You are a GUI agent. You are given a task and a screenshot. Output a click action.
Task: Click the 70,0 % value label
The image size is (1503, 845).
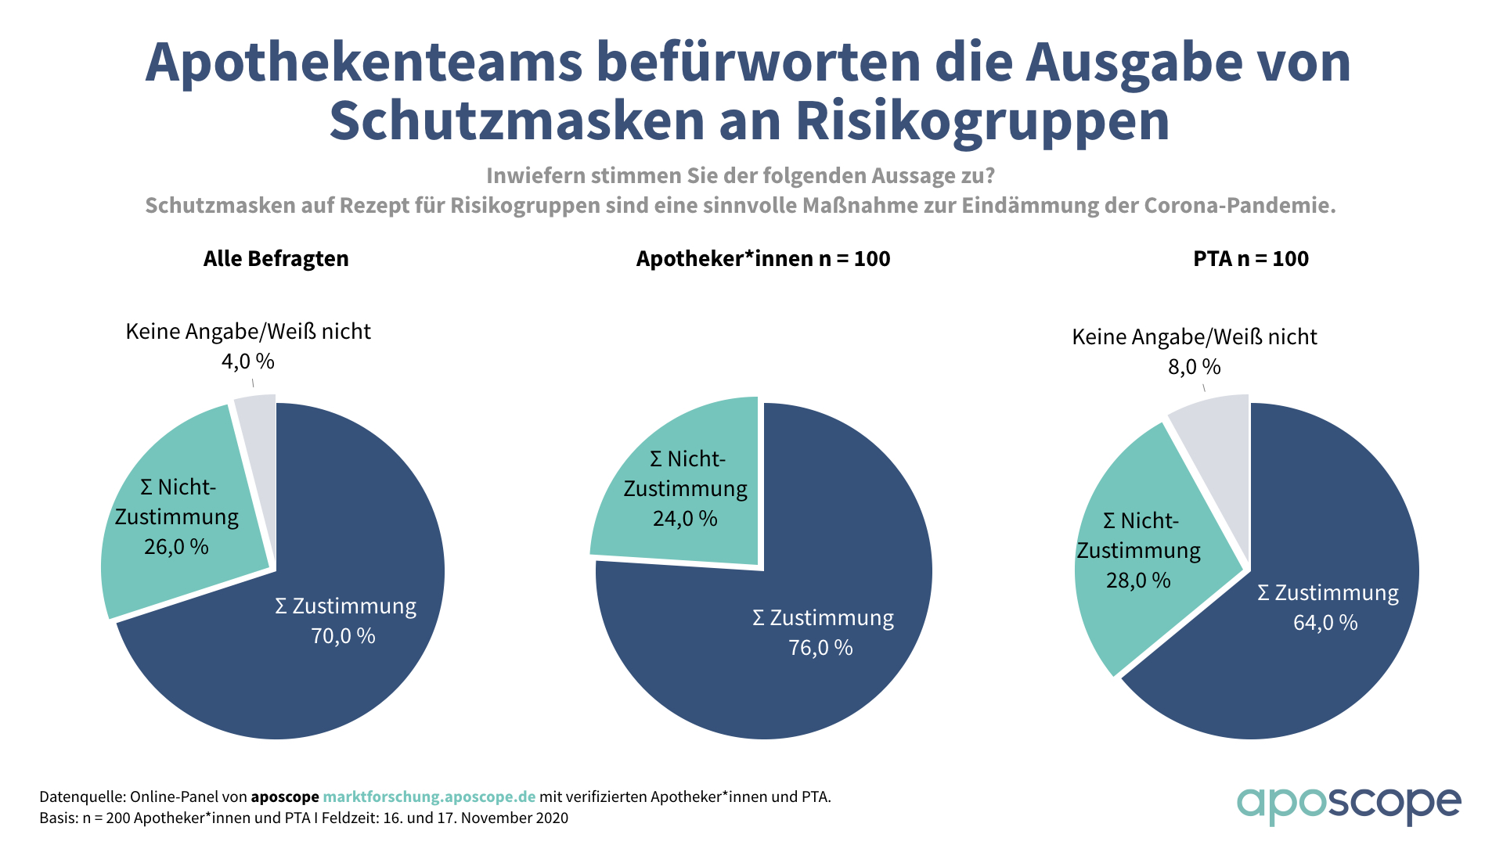343,636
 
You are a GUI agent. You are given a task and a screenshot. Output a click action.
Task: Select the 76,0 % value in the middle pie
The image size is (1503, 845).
820,648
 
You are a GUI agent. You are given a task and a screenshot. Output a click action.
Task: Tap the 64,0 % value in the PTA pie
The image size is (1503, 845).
1325,623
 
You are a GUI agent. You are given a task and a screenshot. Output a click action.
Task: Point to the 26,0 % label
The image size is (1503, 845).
176,547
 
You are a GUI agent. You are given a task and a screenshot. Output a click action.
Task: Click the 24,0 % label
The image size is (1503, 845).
685,519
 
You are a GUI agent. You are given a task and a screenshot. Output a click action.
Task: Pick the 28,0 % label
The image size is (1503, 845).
1138,581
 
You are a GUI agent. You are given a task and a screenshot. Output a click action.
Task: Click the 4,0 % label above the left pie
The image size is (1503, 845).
247,361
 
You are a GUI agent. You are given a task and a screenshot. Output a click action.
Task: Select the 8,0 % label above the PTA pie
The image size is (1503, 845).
1195,367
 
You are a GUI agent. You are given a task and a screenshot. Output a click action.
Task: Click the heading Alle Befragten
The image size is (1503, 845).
276,259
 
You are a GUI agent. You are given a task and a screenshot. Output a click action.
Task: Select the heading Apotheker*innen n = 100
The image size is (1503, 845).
763,259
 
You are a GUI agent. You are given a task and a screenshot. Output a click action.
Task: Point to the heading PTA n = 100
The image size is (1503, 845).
1251,259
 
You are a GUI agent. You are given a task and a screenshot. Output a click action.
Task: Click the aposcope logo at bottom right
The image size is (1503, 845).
1348,804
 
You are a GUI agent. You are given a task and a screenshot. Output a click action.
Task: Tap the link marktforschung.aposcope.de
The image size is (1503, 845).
429,797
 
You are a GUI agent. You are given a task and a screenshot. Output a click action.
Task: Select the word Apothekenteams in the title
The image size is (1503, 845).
364,63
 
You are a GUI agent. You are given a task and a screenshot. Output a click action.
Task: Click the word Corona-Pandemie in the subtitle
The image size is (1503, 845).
1239,206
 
